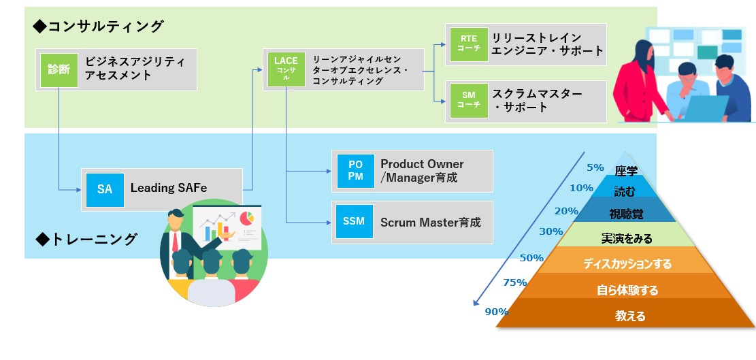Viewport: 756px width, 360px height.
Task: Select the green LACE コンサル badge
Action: [286, 69]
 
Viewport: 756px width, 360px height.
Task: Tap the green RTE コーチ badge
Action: [464, 45]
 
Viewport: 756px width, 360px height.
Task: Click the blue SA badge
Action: [105, 189]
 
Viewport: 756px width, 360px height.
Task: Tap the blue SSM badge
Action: [354, 222]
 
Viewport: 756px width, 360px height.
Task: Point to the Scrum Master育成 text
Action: [431, 222]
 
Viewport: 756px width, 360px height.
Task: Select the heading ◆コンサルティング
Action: [99, 27]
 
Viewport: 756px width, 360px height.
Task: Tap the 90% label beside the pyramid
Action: [496, 312]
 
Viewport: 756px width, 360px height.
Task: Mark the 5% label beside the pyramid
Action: [595, 167]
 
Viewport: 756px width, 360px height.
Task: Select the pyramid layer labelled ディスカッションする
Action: [627, 263]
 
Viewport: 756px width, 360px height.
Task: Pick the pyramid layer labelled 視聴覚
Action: [627, 214]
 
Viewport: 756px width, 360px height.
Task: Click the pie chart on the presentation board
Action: [246, 218]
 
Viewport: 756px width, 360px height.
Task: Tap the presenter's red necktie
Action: [176, 241]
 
